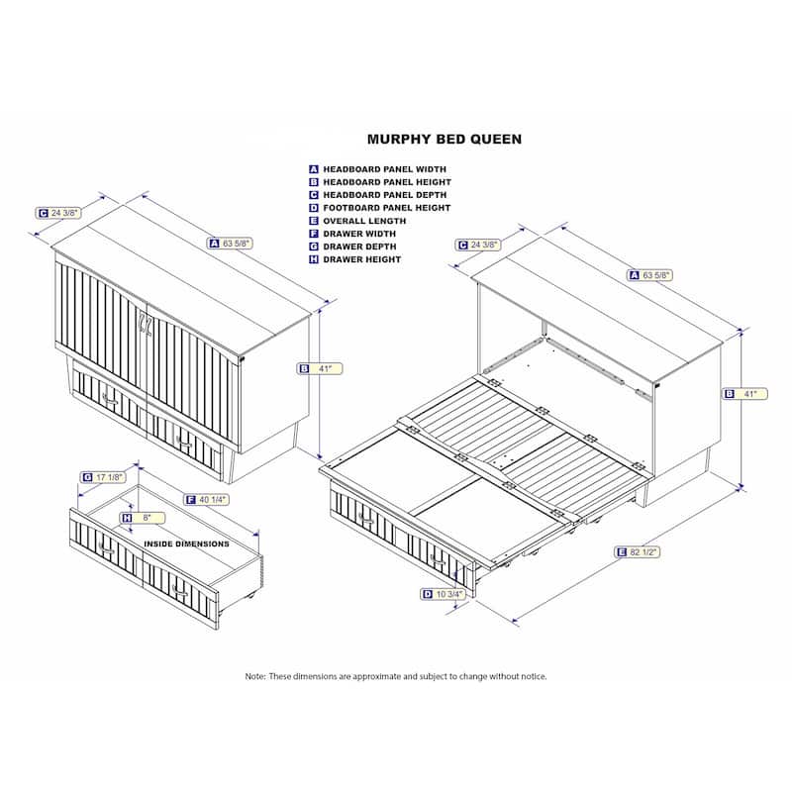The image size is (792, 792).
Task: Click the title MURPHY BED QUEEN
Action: point(444,140)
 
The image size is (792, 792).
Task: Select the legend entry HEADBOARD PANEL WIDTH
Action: point(384,169)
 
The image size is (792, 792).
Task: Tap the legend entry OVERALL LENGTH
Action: point(364,221)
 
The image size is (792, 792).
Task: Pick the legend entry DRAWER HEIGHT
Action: point(361,259)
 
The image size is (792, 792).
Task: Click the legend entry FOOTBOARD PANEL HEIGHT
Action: point(386,208)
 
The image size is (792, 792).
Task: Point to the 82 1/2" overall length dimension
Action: point(638,552)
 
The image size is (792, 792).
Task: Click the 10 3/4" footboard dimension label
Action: point(443,594)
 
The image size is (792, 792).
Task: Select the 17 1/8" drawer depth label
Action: point(104,477)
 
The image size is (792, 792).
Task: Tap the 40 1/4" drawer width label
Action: point(207,500)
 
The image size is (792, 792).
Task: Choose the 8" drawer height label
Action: point(143,518)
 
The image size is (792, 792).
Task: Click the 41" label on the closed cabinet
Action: point(320,368)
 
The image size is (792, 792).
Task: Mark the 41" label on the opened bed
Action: point(745,393)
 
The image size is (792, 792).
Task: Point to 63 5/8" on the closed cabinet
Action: point(230,244)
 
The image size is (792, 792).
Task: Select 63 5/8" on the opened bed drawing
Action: point(650,275)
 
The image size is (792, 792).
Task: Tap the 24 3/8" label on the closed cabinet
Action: point(58,213)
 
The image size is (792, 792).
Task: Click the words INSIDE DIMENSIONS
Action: point(186,544)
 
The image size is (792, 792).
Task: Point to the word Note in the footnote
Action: point(255,676)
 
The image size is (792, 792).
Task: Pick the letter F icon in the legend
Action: point(314,234)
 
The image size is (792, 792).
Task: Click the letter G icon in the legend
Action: point(314,247)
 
